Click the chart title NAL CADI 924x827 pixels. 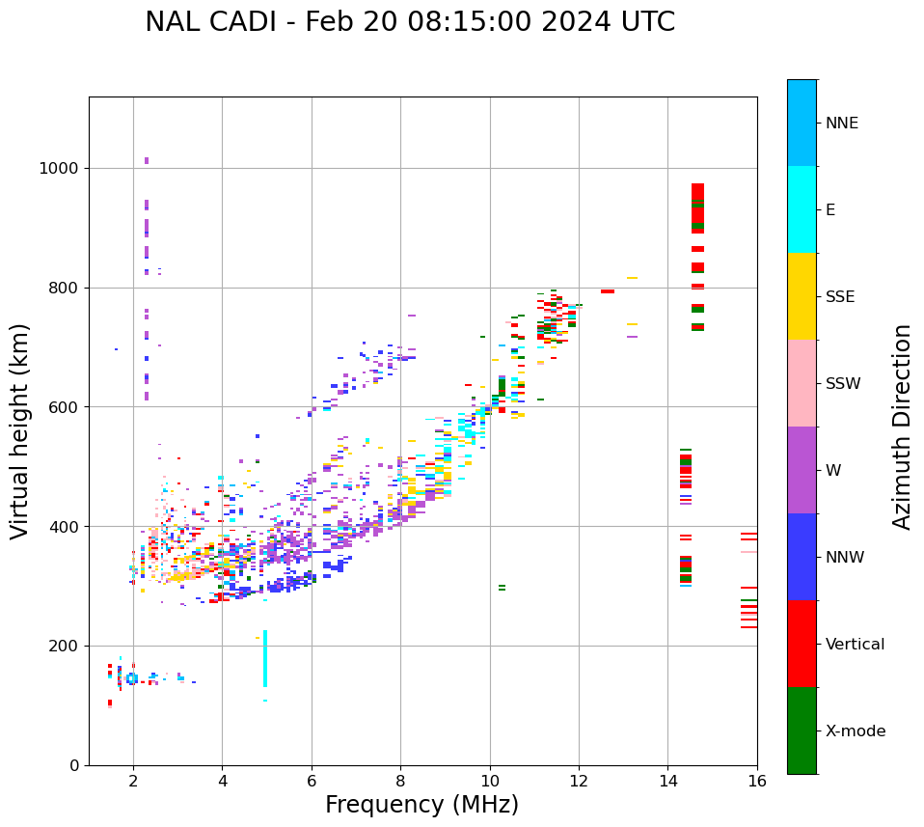[x=410, y=22]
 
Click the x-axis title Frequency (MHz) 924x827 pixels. [x=421, y=805]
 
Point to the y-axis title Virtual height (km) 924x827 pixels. [x=20, y=431]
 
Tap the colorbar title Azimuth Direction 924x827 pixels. [x=902, y=427]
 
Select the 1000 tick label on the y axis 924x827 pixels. [x=59, y=169]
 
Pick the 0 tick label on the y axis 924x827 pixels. [x=73, y=765]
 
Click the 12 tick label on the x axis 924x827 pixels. [x=579, y=781]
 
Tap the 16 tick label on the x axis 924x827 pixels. [x=757, y=781]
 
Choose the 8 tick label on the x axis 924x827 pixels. [x=400, y=781]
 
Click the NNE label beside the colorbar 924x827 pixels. [x=842, y=124]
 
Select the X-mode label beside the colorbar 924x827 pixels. [x=856, y=731]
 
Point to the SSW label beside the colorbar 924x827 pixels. [x=843, y=384]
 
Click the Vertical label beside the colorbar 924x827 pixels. [x=855, y=645]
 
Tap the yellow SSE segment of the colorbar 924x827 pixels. [x=802, y=296]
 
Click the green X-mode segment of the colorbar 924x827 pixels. [x=802, y=731]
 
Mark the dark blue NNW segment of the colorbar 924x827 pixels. [x=802, y=557]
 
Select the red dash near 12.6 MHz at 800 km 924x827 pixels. [x=608, y=291]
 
